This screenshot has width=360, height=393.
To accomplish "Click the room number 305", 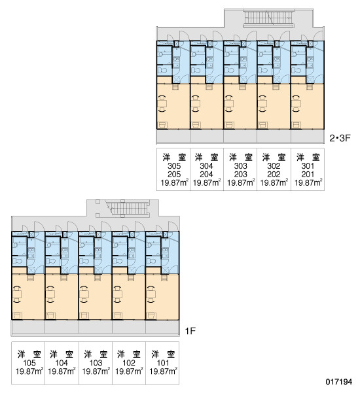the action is (x=174, y=166).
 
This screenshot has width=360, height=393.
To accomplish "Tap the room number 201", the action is (x=308, y=175).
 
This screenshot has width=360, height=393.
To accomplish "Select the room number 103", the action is (x=96, y=363).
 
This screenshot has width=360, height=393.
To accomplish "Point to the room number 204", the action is (x=206, y=175).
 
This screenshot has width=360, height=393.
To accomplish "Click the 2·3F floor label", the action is (x=340, y=138).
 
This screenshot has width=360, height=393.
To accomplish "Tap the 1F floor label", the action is (x=190, y=332).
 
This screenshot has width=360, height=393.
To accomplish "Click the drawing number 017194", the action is (x=339, y=382).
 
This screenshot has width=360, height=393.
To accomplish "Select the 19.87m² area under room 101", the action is (x=164, y=371).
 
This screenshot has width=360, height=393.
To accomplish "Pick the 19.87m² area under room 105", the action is (x=29, y=371).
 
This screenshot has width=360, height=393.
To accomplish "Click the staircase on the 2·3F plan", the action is (x=268, y=18).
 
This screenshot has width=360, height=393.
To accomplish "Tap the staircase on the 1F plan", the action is (x=128, y=209).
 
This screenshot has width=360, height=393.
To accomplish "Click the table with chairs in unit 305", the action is (x=162, y=103).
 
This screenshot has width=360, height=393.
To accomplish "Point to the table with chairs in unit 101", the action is (x=151, y=294).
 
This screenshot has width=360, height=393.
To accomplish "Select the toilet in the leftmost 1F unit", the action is (x=17, y=261).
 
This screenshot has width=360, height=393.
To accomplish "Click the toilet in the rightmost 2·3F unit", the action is (x=297, y=70).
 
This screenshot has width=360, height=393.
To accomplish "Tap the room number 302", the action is (x=274, y=166).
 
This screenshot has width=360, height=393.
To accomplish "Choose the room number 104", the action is (x=62, y=363).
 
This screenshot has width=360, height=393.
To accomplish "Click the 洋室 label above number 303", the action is (x=241, y=158).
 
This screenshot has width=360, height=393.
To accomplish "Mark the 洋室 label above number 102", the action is (x=129, y=354).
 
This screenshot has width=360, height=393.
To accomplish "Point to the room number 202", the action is (x=274, y=175).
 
